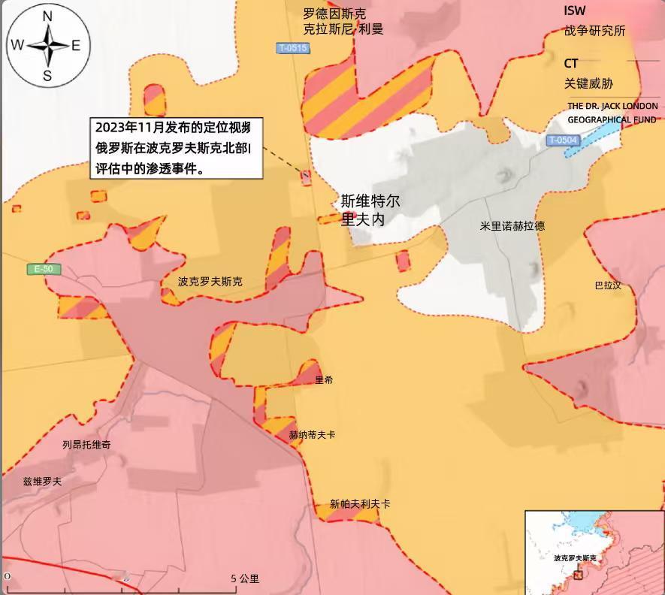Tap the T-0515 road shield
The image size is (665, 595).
point(292,49)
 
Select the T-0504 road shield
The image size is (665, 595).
point(563,140)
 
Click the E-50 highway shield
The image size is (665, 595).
point(44,269)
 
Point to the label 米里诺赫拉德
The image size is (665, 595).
point(512,225)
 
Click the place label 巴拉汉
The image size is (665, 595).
point(608,285)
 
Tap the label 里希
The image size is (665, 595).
point(324,380)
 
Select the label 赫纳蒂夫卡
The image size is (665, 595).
point(312,435)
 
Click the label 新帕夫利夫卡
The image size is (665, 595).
point(360,504)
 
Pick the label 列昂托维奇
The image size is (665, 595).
point(86,445)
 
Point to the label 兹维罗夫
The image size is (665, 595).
point(42,482)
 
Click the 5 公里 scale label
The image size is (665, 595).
point(245,578)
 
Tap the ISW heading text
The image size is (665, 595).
point(575,11)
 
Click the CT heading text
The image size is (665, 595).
point(571,63)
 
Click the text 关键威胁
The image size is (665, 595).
point(588,83)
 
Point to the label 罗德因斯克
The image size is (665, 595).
point(334,13)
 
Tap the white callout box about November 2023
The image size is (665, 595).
point(176,148)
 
